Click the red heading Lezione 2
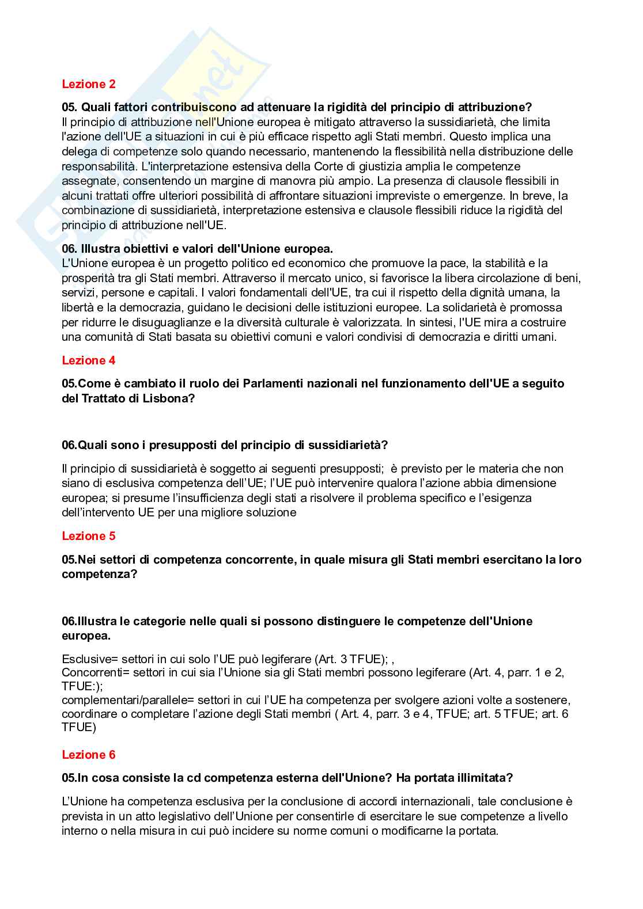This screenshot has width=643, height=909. click(x=89, y=84)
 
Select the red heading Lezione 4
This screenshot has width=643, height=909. click(x=89, y=360)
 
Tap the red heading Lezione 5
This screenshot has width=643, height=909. click(x=89, y=536)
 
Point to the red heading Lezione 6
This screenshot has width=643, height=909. click(x=89, y=755)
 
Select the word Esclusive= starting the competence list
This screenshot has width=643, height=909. click(x=89, y=659)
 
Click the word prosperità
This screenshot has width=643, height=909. click(x=86, y=279)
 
